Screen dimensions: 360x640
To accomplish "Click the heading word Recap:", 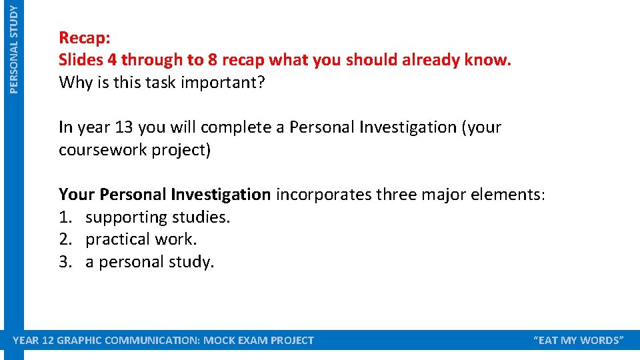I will click(84, 37).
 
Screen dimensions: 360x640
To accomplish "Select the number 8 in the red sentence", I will click(213, 60).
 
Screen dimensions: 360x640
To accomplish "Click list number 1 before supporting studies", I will click(64, 217).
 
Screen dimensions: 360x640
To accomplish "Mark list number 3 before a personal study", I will click(64, 262).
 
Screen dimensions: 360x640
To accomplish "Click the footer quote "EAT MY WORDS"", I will click(579, 341).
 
